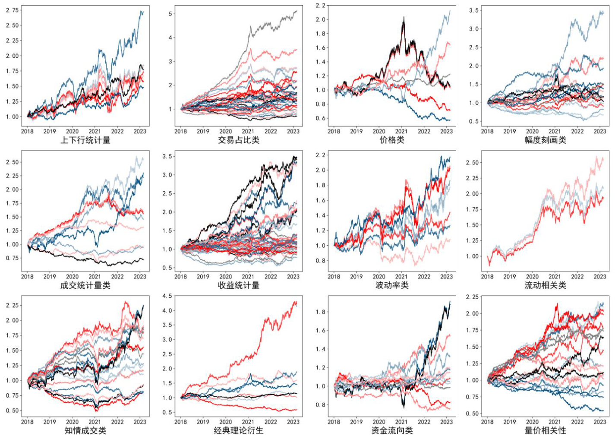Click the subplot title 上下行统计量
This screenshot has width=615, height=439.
tap(85, 140)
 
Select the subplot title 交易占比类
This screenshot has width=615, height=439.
tap(239, 140)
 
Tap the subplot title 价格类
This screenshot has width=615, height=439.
tap(392, 140)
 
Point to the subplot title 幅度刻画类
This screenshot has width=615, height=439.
tap(545, 140)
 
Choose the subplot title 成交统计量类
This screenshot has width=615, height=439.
tap(85, 285)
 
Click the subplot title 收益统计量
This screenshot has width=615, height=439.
tap(239, 285)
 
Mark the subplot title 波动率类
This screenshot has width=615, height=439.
tap(392, 285)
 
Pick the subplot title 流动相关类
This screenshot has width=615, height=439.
tap(545, 285)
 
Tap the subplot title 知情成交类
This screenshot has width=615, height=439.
tap(85, 430)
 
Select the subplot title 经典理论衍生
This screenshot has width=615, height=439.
tap(239, 430)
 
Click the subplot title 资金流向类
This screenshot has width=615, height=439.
tap(392, 430)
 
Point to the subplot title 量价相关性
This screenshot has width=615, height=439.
tap(545, 430)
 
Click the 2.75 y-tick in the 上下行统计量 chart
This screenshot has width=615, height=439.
tap(12, 10)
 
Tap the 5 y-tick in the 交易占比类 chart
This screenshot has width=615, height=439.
tap(170, 14)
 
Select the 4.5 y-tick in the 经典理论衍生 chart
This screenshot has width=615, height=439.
tap(167, 296)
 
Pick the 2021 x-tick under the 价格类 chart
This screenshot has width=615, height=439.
tap(401, 131)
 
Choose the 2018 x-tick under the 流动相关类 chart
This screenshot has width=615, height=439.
tap(487, 277)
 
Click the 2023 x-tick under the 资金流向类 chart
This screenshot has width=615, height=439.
tap(446, 422)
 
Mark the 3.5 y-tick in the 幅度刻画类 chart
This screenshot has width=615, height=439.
tap(474, 10)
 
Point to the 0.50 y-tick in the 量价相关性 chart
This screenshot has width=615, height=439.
tap(472, 414)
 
